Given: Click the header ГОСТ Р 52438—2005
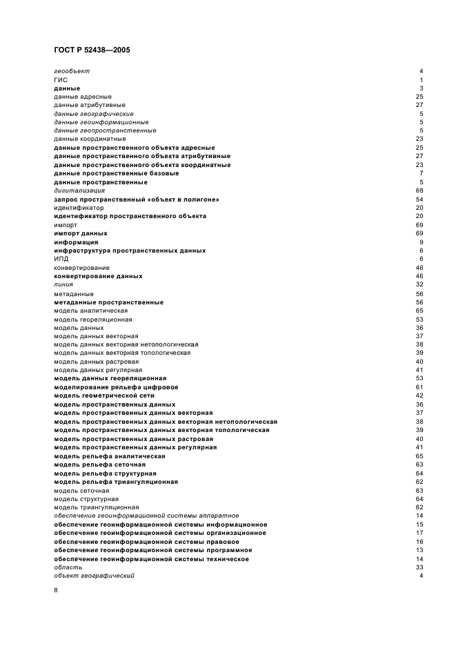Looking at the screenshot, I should pyautogui.click(x=91, y=50).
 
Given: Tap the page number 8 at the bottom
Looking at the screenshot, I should pyautogui.click(x=56, y=590).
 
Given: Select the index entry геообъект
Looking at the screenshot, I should pyautogui.click(x=72, y=71).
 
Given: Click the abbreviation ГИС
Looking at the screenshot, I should pyautogui.click(x=61, y=80).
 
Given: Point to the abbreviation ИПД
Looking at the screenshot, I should pyautogui.click(x=61, y=259).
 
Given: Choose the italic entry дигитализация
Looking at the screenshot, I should pyautogui.click(x=79, y=190).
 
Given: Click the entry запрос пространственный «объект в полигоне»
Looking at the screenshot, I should pyautogui.click(x=137, y=199).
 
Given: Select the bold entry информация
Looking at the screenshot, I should pyautogui.click(x=76, y=242).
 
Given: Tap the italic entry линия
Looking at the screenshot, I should pyautogui.click(x=63, y=284).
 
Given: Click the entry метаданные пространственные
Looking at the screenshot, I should pyautogui.click(x=108, y=302).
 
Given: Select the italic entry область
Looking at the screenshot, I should pyautogui.click(x=68, y=567).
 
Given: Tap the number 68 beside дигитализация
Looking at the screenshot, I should pyautogui.click(x=419, y=190).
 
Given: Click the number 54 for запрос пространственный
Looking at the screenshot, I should pyautogui.click(x=419, y=199).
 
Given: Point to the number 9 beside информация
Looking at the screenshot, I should pyautogui.click(x=421, y=242).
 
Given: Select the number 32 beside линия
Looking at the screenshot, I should pyautogui.click(x=419, y=284).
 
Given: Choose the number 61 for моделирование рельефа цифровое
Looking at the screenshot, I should pyautogui.click(x=419, y=387).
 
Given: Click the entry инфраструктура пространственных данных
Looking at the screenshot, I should pyautogui.click(x=130, y=251).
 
